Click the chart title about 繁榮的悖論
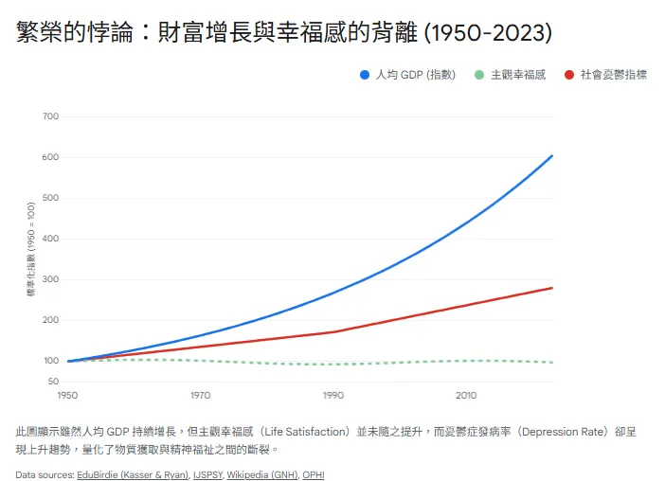[284, 32]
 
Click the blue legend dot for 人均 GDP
[365, 75]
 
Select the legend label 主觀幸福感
[518, 75]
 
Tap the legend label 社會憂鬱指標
[613, 75]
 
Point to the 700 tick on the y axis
[51, 116]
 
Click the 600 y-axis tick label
[51, 157]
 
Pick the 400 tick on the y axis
[51, 239]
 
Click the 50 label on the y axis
[54, 381]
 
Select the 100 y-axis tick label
[51, 361]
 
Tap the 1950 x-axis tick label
[67, 395]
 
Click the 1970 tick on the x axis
[200, 395]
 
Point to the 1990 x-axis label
[332, 395]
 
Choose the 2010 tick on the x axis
[465, 395]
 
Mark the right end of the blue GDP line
[552, 155]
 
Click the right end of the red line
[552, 288]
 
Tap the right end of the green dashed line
[552, 363]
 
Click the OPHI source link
[314, 474]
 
